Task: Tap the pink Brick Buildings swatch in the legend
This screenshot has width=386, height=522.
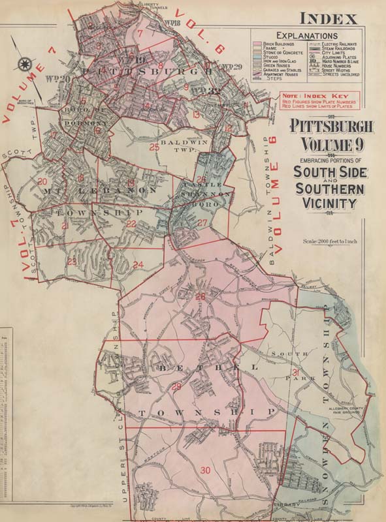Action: pos(258,43)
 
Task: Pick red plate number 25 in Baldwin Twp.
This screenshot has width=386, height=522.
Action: pos(154,147)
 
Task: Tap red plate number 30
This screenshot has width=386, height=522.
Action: pos(206,470)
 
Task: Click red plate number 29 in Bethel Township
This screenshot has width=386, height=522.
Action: pos(176,387)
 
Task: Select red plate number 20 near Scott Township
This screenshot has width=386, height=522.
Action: pos(42,181)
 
